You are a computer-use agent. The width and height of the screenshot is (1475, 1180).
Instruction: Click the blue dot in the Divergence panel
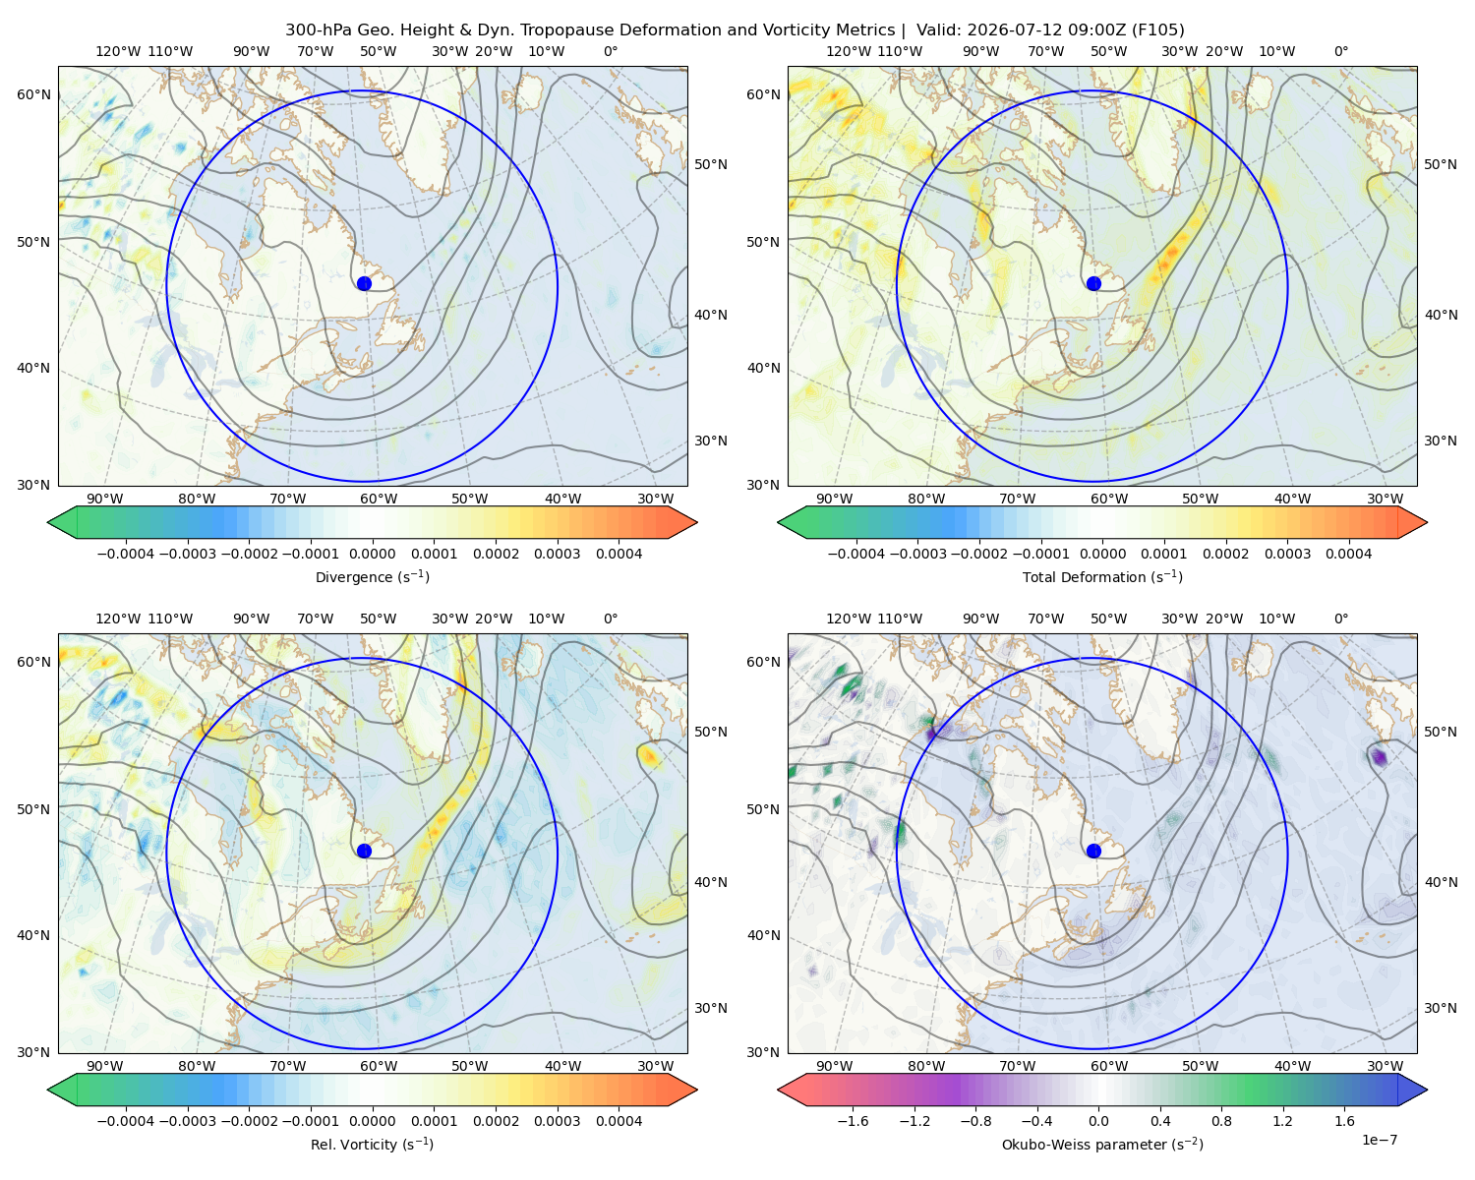[364, 283]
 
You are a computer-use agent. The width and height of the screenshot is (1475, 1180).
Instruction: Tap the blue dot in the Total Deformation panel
[1093, 283]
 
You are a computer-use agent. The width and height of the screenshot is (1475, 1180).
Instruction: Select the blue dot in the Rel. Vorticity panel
[364, 851]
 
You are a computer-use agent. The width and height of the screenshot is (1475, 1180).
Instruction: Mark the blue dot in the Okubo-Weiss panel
[1093, 851]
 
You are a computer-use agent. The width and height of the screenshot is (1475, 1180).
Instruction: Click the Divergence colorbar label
[372, 576]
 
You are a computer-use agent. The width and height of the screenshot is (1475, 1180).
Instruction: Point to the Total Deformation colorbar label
[1102, 576]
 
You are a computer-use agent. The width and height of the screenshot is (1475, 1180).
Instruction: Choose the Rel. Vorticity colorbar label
[372, 1144]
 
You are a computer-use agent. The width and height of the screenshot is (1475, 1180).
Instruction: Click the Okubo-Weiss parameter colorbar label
[1102, 1144]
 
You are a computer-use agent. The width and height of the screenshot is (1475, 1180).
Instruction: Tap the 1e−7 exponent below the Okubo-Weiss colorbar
[1379, 1140]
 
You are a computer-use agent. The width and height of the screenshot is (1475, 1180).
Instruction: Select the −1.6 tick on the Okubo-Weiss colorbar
[853, 1120]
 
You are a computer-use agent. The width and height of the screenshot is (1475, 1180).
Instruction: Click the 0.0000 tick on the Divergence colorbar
[372, 554]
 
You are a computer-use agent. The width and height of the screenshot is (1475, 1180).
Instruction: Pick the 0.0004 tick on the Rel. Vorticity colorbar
[619, 1120]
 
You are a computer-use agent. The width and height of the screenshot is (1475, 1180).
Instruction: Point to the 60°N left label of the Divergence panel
[33, 94]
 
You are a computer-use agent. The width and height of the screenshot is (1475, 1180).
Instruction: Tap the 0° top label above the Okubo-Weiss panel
[1340, 619]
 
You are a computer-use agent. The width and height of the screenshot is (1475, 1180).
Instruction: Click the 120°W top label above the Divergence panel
[118, 51]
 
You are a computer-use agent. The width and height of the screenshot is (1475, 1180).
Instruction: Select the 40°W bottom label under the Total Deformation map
[1293, 499]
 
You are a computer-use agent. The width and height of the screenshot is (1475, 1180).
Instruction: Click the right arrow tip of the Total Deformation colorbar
[1427, 522]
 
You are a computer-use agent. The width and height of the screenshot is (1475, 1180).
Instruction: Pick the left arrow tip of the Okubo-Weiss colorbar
[778, 1090]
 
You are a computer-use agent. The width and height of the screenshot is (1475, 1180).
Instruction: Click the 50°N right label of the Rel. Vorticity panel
[711, 732]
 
